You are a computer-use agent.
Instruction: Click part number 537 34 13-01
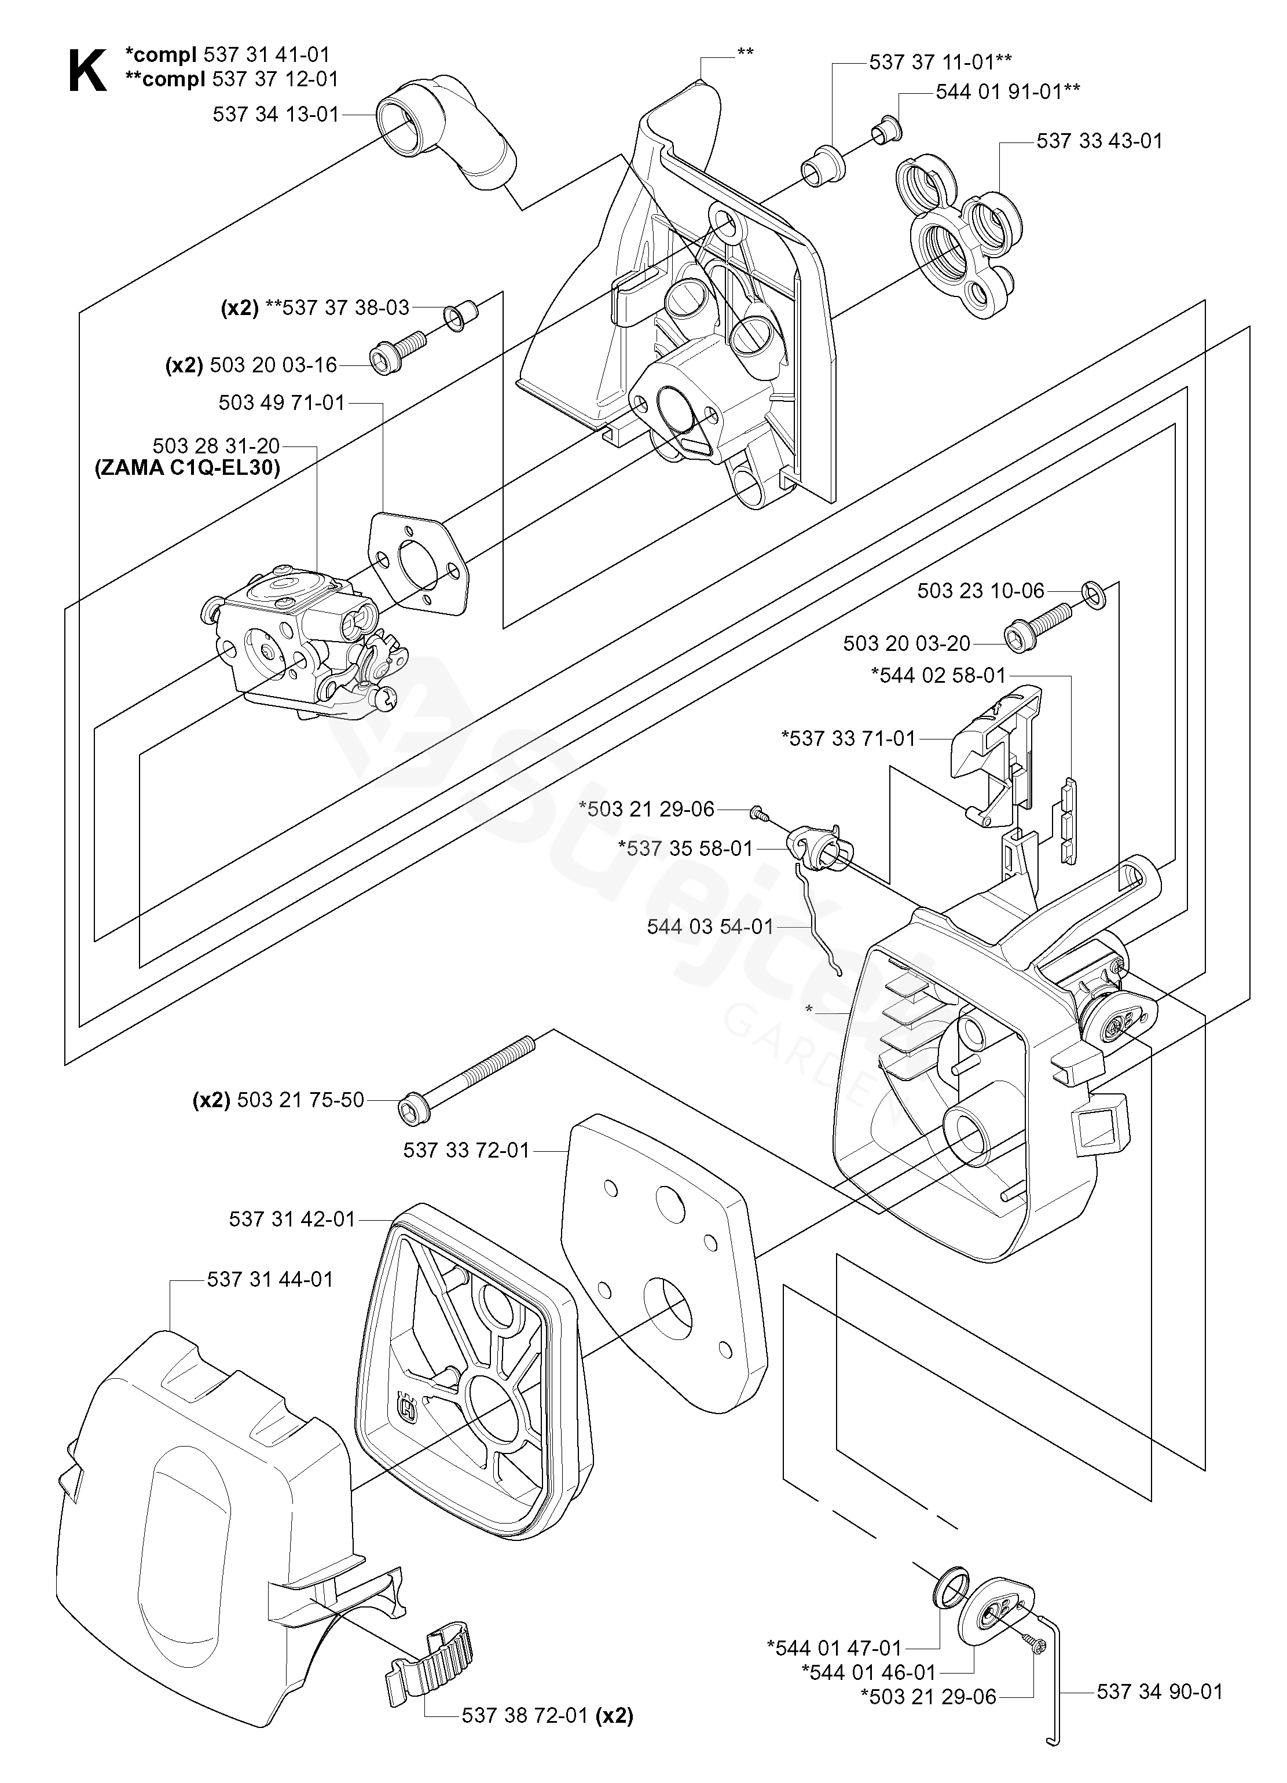[x=276, y=115]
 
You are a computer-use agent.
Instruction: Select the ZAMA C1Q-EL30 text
[x=187, y=468]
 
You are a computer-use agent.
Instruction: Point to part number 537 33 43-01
[x=1099, y=141]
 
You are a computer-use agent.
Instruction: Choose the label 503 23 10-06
[x=980, y=591]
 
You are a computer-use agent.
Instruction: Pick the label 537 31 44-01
[x=270, y=1279]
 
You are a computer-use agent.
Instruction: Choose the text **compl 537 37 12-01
[x=232, y=79]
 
